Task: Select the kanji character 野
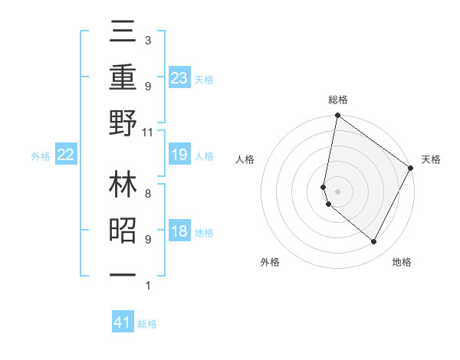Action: point(123,123)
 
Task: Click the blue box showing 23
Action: point(179,77)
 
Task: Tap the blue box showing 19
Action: point(179,155)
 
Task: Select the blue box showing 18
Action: point(179,232)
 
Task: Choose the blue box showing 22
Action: point(66,155)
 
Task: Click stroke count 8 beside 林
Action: point(147,194)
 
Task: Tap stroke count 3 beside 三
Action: point(147,40)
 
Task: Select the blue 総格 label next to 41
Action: point(147,324)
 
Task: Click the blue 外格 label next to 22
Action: point(41,156)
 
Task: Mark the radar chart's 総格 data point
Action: point(337,116)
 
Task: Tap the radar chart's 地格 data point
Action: point(374,242)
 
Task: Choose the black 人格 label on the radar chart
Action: point(245,159)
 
